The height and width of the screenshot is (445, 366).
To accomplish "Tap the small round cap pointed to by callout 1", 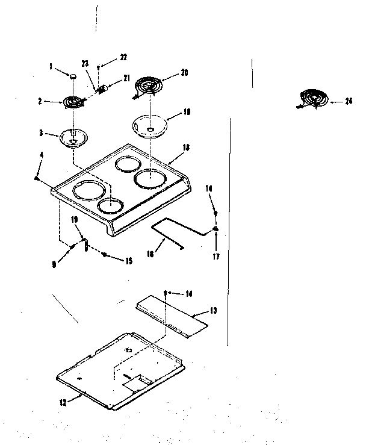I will pos(72,76).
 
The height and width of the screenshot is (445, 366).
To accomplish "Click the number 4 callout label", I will pos(41,155).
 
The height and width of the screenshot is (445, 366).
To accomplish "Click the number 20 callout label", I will pos(184,73).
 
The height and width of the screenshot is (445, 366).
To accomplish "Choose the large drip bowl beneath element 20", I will pos(147,126).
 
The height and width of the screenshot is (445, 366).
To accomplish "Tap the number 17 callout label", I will pos(216,257).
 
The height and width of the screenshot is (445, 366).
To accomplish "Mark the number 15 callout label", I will pos(128,261).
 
